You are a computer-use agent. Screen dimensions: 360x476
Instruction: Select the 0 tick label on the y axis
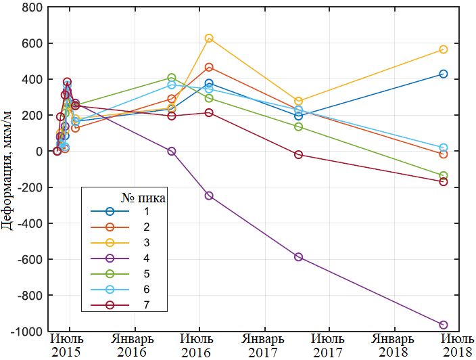[38, 152]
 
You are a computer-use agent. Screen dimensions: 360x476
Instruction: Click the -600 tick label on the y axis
[30, 260]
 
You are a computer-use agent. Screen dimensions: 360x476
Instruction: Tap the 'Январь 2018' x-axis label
[391, 345]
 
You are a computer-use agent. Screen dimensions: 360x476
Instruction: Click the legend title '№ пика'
[143, 198]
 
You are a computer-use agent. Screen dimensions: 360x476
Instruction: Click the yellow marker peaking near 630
[209, 39]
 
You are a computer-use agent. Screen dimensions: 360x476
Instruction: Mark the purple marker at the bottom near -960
[444, 325]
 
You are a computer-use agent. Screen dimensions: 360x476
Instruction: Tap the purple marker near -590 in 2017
[299, 257]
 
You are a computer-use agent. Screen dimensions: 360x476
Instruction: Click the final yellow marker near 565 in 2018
[444, 49]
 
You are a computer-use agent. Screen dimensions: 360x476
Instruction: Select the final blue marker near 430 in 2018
[444, 74]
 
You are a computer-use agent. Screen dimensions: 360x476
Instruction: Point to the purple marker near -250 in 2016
[209, 196]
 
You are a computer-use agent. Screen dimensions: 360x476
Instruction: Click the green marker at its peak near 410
[172, 78]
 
